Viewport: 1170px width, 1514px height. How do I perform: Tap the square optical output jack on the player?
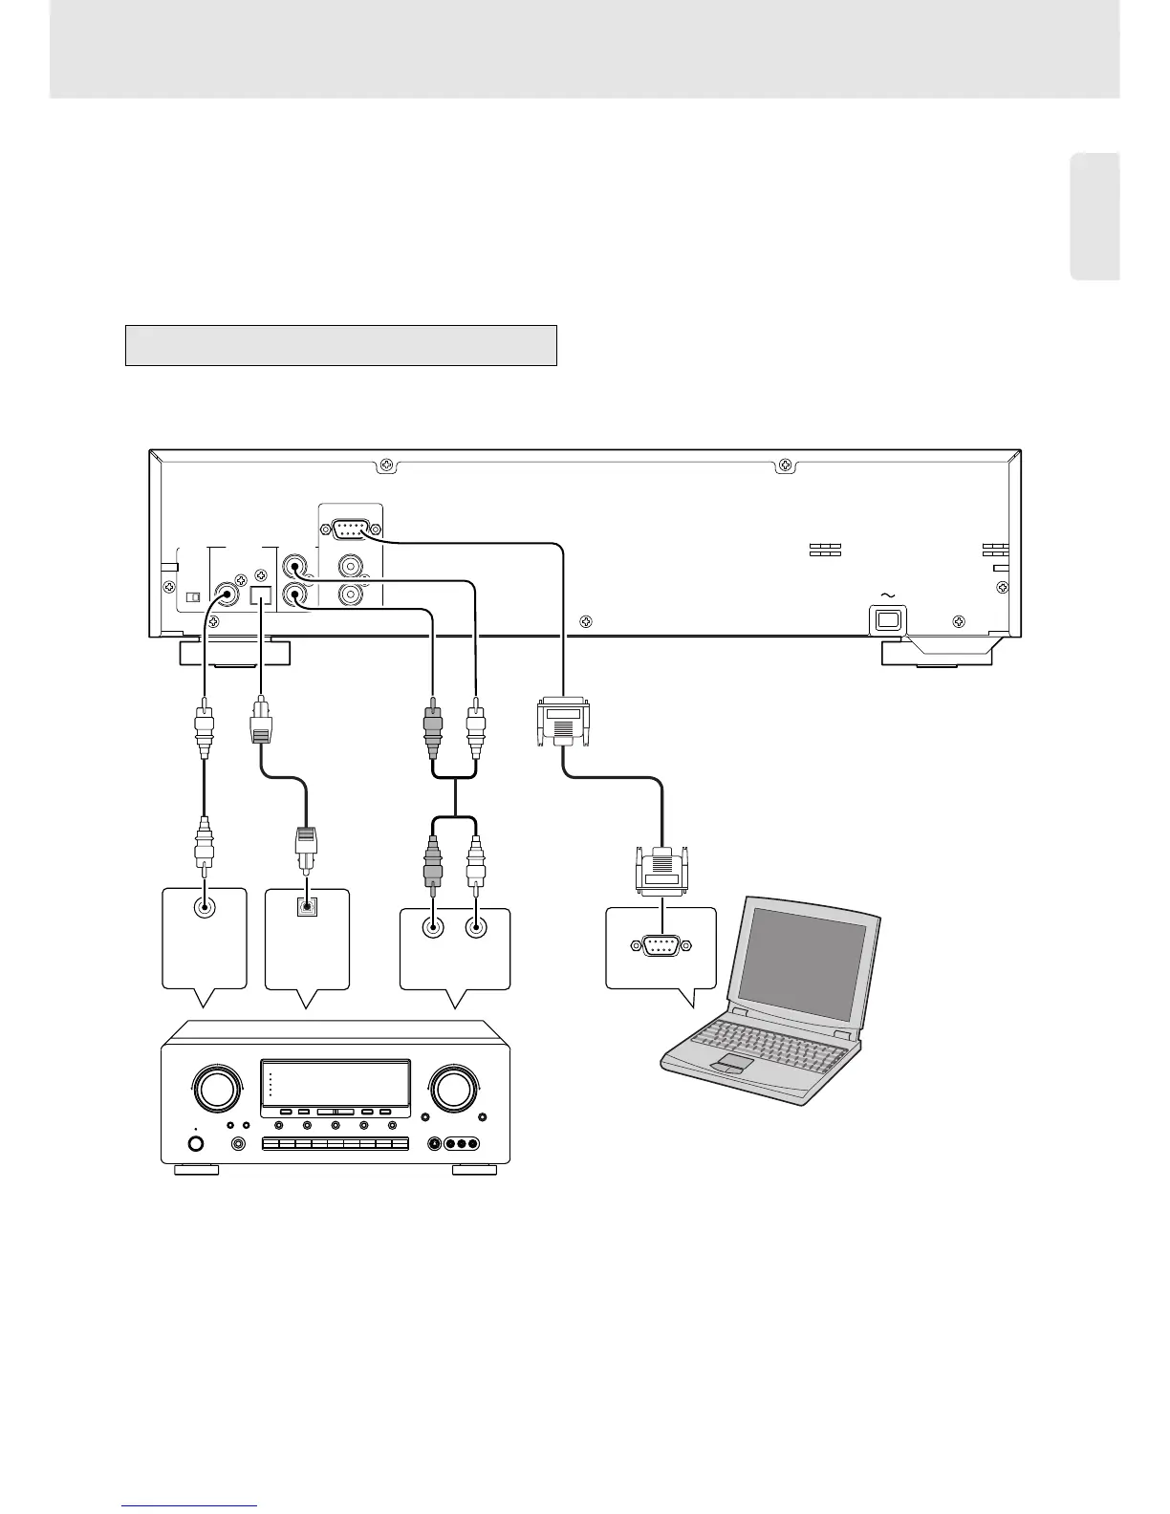261,595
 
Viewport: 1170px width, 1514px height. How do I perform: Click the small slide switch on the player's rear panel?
192,597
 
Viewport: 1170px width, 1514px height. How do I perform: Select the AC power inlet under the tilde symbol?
888,619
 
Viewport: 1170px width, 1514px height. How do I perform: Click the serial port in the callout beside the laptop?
661,945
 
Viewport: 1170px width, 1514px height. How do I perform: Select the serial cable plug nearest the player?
565,723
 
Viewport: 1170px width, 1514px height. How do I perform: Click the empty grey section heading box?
341,345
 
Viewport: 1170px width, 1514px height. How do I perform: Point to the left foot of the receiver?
197,1169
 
